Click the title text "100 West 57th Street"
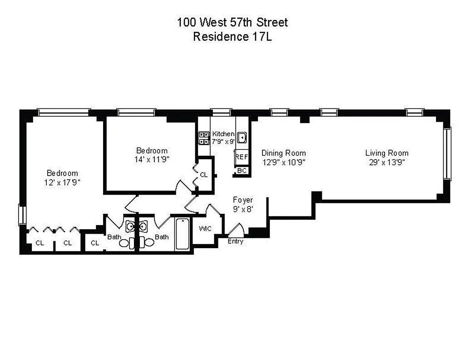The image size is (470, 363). click(232, 22)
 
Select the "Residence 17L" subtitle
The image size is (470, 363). click(232, 37)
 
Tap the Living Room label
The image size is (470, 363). click(387, 153)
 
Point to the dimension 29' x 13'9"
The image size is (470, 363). click(387, 162)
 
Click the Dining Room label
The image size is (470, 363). click(283, 153)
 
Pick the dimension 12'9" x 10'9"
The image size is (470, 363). click(283, 162)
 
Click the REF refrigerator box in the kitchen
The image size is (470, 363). click(241, 157)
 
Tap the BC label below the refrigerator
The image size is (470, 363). click(242, 171)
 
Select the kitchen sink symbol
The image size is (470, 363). click(242, 137)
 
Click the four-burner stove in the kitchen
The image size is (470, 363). click(203, 138)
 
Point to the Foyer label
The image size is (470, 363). click(243, 200)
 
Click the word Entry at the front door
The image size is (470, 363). click(235, 241)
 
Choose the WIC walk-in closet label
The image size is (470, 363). click(206, 228)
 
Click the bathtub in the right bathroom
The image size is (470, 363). click(183, 234)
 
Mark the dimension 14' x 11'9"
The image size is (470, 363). click(152, 159)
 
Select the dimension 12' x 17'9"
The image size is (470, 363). click(62, 182)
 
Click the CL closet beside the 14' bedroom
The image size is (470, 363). click(204, 174)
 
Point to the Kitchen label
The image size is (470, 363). click(223, 134)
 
